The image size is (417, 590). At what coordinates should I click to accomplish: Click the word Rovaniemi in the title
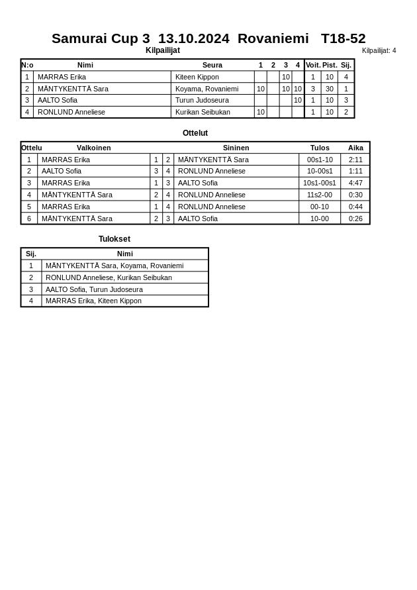point(273,38)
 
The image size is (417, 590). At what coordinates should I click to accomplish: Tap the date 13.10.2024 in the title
point(193,38)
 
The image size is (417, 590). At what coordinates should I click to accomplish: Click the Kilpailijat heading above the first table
point(163,50)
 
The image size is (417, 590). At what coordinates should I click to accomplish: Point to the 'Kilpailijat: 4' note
point(379,50)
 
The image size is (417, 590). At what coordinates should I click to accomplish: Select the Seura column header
point(212,65)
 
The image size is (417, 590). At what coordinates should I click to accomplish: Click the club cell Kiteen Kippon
point(197,77)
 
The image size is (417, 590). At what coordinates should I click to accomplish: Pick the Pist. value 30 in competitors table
point(329,89)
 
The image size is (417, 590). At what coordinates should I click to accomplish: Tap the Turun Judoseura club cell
point(202,100)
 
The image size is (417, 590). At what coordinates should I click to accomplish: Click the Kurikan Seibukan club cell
point(203,112)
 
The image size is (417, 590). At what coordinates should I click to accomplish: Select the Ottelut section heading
point(195,133)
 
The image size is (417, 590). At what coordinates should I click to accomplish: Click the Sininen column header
point(236,148)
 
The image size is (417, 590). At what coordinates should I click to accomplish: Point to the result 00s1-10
point(320,160)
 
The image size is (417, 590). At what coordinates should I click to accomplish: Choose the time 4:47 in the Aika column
point(355,183)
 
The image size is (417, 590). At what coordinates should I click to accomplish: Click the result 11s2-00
point(320,195)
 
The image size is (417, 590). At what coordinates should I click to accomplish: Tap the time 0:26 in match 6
point(355,219)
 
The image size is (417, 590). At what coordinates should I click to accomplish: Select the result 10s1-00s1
point(320,183)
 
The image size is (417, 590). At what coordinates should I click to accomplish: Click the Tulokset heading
point(115,239)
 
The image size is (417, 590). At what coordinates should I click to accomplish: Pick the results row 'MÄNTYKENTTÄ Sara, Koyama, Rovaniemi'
point(115,266)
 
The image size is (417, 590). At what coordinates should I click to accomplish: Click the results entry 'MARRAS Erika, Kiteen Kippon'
point(93,301)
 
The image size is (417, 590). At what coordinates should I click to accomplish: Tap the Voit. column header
point(313,65)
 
